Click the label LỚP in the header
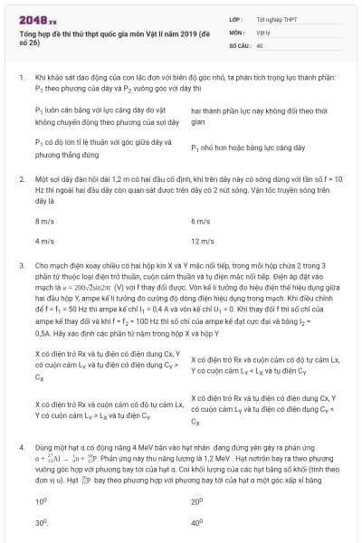(x=236, y=17)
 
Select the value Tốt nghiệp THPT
(x=275, y=17)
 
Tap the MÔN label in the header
(x=237, y=31)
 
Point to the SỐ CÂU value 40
(x=260, y=44)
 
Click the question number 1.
(x=21, y=80)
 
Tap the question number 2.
(x=21, y=180)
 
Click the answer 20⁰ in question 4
(x=197, y=500)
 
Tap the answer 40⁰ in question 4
(x=197, y=522)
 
